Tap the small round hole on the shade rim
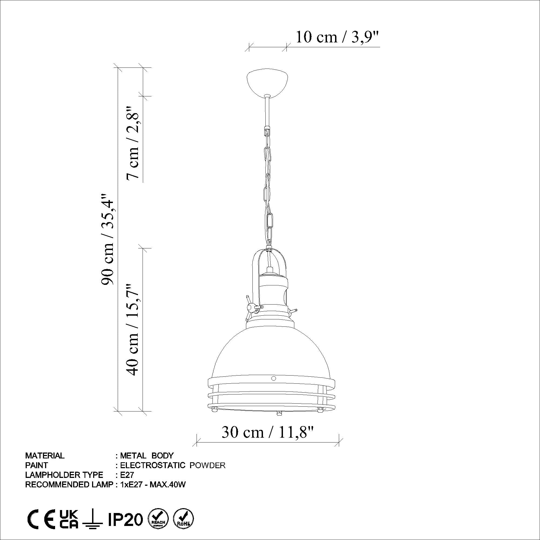click(x=273, y=379)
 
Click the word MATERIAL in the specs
click(x=45, y=455)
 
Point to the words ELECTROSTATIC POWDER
click(x=173, y=465)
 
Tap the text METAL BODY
click(x=147, y=455)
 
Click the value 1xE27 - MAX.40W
click(x=153, y=485)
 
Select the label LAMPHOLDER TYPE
click(x=64, y=475)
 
